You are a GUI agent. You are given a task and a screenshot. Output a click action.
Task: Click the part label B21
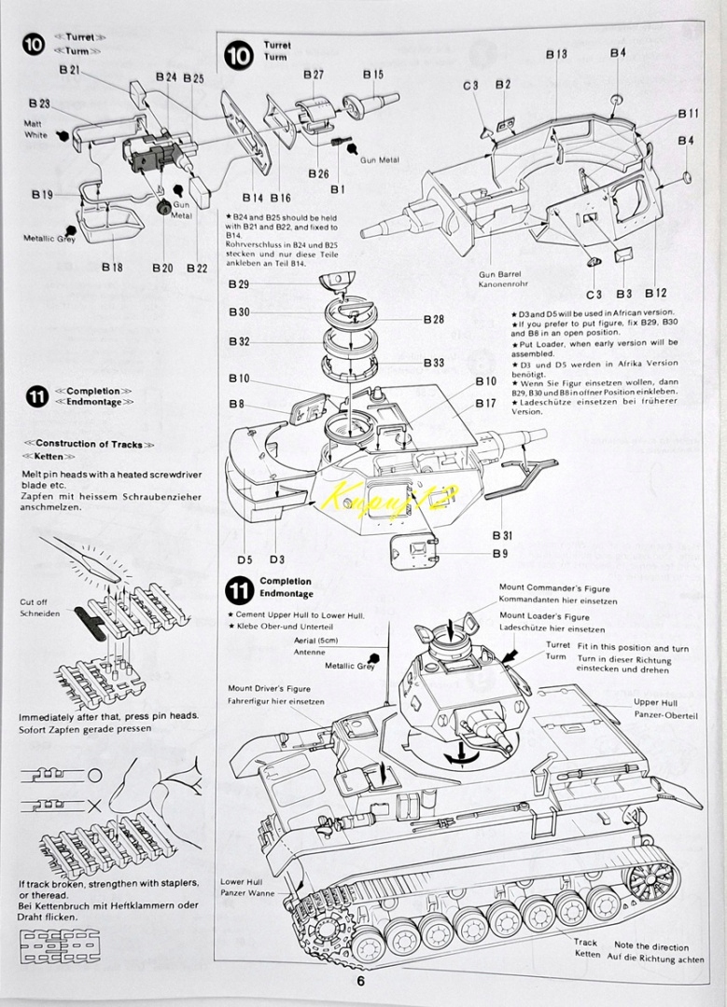coord(69,70)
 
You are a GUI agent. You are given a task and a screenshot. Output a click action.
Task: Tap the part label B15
coord(372,75)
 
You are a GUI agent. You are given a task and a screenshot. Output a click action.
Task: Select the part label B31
coord(503,535)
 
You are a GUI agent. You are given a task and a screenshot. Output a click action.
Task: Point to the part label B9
coord(500,554)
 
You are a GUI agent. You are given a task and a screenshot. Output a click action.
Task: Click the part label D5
coord(245,559)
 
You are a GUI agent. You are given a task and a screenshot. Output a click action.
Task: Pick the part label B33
coord(434,363)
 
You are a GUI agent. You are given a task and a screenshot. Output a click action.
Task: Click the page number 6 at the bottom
coord(360,981)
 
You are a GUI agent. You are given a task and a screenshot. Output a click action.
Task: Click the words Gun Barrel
coord(499,274)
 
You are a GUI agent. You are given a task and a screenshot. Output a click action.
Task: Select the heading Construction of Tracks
coord(90,444)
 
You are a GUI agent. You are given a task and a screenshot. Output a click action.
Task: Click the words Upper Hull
coord(656,703)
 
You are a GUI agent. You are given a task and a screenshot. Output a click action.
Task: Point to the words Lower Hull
coord(242,882)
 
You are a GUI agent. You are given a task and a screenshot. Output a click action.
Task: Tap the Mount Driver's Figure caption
coord(270,688)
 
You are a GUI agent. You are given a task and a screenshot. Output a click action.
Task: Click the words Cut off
coord(34,601)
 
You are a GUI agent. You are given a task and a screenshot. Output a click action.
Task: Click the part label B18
coord(112,267)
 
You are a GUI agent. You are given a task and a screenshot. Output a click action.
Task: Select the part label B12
coord(656,293)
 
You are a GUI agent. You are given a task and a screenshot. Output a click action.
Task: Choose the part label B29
coord(239,284)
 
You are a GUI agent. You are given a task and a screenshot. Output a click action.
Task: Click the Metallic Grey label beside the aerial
coord(350,666)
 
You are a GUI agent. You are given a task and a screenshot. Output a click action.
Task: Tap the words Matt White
coord(36,129)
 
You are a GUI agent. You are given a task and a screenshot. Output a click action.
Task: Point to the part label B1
coord(338,189)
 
